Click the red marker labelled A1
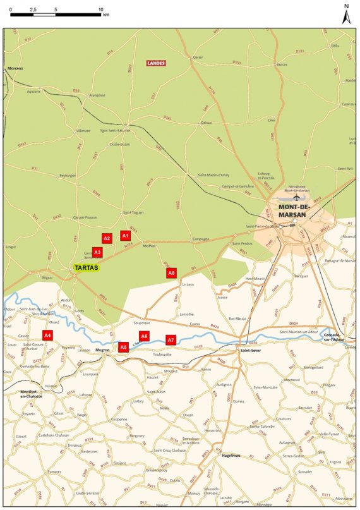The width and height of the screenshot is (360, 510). [124, 235]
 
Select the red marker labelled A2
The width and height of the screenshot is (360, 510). [107, 238]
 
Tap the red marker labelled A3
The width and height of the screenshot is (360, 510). [97, 252]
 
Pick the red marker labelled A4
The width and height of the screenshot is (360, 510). [48, 334]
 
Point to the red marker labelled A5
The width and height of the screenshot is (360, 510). [124, 346]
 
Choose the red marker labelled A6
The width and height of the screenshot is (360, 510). [144, 336]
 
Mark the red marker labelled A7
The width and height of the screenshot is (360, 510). [171, 339]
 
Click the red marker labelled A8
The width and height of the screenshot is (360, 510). [171, 273]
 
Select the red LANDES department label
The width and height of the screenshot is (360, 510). [155, 63]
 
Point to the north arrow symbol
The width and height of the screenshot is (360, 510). [345, 15]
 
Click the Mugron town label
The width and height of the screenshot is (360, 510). [102, 349]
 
